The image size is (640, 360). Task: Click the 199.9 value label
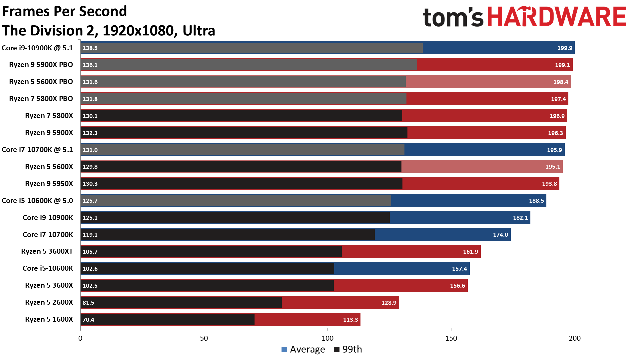coord(565,48)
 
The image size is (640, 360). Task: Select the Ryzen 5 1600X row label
coord(49,319)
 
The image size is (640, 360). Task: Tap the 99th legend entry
coord(348,349)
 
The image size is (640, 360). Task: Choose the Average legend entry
coord(303,349)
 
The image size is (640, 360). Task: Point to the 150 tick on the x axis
coord(451,338)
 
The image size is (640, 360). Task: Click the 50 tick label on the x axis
coord(204,338)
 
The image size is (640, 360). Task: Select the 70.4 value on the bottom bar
coord(88,320)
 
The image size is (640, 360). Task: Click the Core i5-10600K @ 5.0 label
coord(37,201)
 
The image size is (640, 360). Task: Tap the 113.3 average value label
coord(350,320)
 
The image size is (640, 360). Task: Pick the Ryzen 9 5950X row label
coord(49,184)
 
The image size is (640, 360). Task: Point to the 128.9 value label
coord(389,303)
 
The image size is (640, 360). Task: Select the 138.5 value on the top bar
coord(90,48)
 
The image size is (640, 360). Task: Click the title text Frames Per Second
coord(65,11)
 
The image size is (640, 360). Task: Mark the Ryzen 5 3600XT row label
coord(47,251)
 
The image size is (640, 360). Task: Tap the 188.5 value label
coord(536,201)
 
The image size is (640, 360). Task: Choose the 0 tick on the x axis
coord(80,338)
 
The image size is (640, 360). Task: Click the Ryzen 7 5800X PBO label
coord(41,99)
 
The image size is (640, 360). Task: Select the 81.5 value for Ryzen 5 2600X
coord(88,303)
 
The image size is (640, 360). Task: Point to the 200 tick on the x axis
coord(575,338)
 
